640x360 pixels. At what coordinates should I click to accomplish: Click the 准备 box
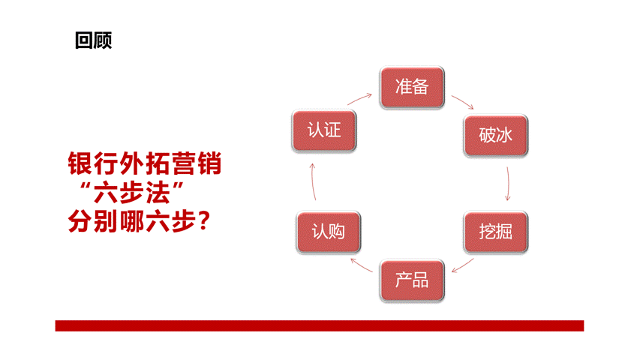[x=412, y=87]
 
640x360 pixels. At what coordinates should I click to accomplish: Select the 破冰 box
[x=495, y=136]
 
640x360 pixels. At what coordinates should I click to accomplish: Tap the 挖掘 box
[x=495, y=232]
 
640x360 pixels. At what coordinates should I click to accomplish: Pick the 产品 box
[x=412, y=280]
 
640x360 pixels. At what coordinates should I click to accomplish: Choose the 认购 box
[x=329, y=232]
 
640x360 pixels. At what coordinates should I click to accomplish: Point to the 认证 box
[x=324, y=130]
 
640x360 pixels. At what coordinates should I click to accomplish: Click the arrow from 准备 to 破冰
[x=462, y=102]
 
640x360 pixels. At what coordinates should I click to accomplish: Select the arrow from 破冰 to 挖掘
[x=508, y=184]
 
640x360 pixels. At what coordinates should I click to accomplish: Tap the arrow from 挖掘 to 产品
[x=462, y=265]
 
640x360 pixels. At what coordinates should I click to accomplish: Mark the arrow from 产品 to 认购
[x=362, y=265]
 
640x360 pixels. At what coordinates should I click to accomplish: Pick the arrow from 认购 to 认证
[x=313, y=181]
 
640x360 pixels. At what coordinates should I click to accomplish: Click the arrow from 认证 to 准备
[x=359, y=99]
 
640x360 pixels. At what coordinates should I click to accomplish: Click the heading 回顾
[x=94, y=40]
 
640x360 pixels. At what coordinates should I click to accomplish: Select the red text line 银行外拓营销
[x=145, y=163]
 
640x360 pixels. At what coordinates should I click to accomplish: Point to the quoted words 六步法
[x=131, y=193]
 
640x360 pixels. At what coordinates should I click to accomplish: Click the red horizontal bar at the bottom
[x=320, y=325]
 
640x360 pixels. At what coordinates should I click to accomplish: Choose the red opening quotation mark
[x=86, y=187]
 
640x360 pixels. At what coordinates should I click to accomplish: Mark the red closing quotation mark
[x=178, y=187]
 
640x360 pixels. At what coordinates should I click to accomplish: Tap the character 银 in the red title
[x=80, y=163]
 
